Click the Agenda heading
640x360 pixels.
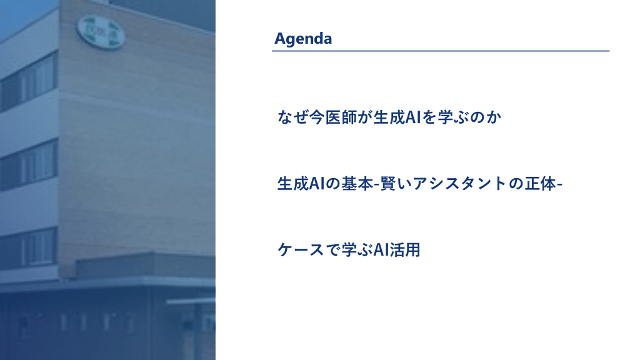tap(303, 39)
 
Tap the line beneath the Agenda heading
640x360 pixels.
tap(441, 51)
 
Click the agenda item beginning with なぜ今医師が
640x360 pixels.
tap(389, 117)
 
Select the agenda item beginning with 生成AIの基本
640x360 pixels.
tap(419, 184)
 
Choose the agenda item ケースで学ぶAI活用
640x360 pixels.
tap(349, 250)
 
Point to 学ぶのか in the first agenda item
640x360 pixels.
tap(469, 117)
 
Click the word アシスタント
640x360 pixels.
tap(460, 184)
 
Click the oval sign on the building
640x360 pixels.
tap(101, 32)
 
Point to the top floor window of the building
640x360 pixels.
tap(29, 81)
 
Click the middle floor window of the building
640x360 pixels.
tap(29, 164)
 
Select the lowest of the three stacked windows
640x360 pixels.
tap(29, 249)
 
